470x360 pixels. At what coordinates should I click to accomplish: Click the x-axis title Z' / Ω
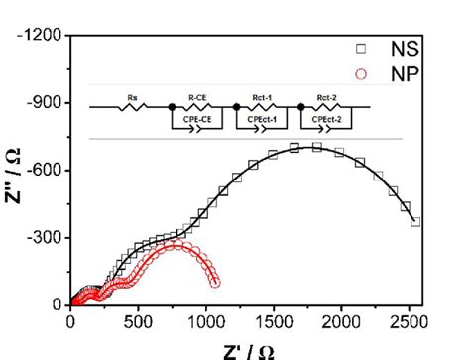coord(248,348)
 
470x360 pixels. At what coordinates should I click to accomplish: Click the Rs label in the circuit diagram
coord(132,97)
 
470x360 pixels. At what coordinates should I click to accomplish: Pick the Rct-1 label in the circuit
coord(263,97)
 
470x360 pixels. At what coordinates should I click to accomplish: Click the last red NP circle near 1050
coord(215,283)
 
